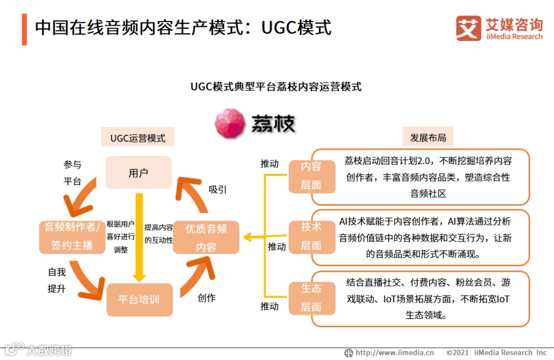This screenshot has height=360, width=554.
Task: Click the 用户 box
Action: (x=138, y=173)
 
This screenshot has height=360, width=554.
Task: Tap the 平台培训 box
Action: (x=139, y=299)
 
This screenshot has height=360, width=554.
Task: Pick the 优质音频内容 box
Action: (x=206, y=237)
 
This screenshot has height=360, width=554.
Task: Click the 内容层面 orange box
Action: (x=311, y=176)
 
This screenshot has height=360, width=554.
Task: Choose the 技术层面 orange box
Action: (x=311, y=236)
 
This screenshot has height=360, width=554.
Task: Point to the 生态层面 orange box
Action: (x=311, y=297)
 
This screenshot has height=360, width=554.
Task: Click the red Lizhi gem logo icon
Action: (x=230, y=123)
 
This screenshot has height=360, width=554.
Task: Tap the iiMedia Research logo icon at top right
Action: (x=468, y=28)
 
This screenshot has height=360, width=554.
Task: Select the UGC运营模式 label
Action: (x=138, y=138)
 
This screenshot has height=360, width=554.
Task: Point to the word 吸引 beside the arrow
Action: (x=217, y=189)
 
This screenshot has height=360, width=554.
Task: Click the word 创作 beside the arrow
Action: (x=207, y=298)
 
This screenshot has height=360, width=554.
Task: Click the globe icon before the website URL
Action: (x=349, y=353)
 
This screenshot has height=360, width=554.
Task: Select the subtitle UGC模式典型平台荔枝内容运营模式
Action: (x=276, y=87)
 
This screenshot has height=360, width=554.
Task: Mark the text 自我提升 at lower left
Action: (x=57, y=280)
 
